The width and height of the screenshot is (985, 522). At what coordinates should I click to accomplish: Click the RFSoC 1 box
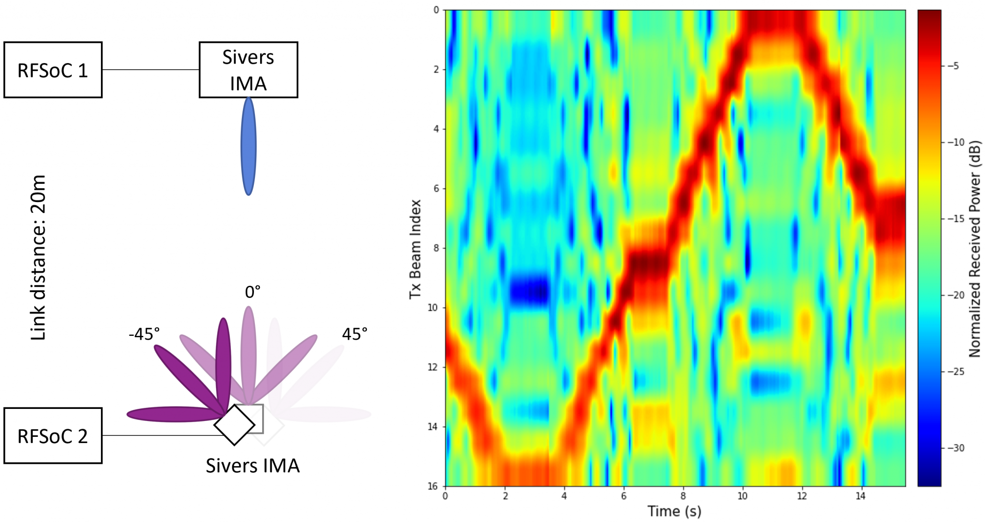(x=53, y=70)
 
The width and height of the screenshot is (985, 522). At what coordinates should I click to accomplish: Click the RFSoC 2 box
(x=53, y=436)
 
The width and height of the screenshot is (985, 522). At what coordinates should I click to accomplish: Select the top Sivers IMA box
(x=248, y=70)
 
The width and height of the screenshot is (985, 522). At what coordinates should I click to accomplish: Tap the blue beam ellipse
(x=248, y=146)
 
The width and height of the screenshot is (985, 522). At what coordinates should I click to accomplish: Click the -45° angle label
(x=144, y=333)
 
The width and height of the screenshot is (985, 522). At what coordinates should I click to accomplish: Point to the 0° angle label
(x=253, y=292)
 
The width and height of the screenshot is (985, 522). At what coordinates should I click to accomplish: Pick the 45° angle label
(x=354, y=333)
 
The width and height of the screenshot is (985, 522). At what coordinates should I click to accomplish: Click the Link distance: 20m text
(x=38, y=257)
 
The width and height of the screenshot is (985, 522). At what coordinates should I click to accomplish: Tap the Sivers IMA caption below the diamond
(x=253, y=465)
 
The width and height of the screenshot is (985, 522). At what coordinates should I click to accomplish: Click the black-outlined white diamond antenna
(x=234, y=425)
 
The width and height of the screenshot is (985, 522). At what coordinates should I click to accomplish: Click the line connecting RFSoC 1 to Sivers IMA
(x=151, y=70)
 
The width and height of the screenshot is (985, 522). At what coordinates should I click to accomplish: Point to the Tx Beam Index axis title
(x=415, y=249)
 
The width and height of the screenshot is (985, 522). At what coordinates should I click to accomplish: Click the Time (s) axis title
(x=674, y=511)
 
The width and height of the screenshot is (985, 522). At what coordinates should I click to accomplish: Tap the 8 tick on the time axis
(x=683, y=496)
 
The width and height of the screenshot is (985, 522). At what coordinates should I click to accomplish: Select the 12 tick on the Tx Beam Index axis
(x=433, y=367)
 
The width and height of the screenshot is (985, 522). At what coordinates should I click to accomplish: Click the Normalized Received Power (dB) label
(x=974, y=249)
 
